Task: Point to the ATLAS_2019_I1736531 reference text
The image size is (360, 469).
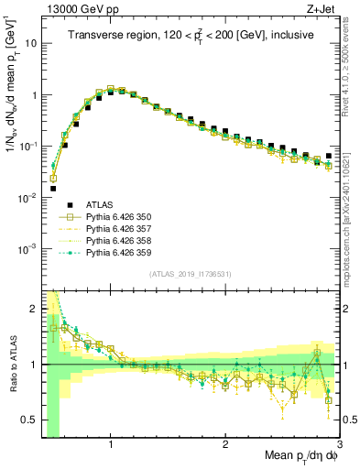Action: [x=190, y=275]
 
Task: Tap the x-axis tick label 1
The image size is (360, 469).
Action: [x=111, y=444]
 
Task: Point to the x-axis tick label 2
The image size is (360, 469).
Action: [x=225, y=444]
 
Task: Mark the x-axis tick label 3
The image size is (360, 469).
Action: [x=338, y=444]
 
